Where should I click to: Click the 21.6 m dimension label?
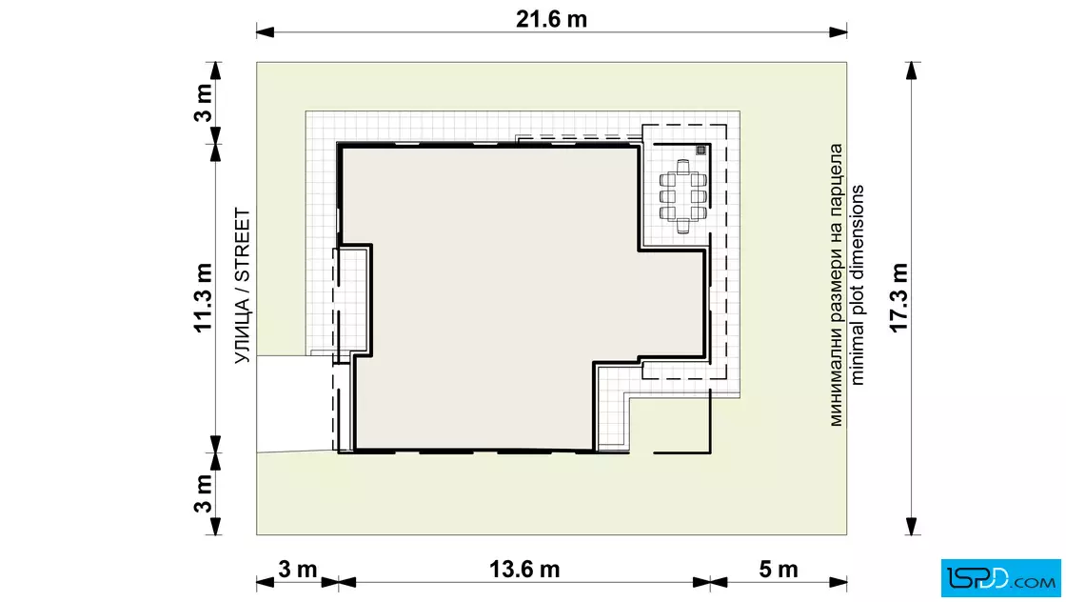click(x=551, y=19)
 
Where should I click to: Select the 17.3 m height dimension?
click(x=898, y=298)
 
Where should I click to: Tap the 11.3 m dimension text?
click(x=204, y=298)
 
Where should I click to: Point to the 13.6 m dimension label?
click(x=524, y=570)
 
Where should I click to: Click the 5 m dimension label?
click(x=779, y=570)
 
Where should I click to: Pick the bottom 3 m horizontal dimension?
click(x=297, y=570)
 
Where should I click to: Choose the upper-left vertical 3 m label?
click(x=204, y=103)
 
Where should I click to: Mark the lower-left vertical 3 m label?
click(x=204, y=493)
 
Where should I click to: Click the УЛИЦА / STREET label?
click(x=243, y=286)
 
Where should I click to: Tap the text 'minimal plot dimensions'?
click(x=857, y=285)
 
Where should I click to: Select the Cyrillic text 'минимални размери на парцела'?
click(x=836, y=285)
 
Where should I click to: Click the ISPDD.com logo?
click(x=1000, y=578)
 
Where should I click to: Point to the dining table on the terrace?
click(x=683, y=196)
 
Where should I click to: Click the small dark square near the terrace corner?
click(x=701, y=150)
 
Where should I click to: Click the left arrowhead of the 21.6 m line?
click(x=266, y=32)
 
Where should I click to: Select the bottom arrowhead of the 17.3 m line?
click(x=912, y=526)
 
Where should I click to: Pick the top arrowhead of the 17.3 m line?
click(x=912, y=70)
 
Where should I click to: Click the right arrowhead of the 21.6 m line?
click(x=838, y=32)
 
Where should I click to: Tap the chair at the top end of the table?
click(x=683, y=166)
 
